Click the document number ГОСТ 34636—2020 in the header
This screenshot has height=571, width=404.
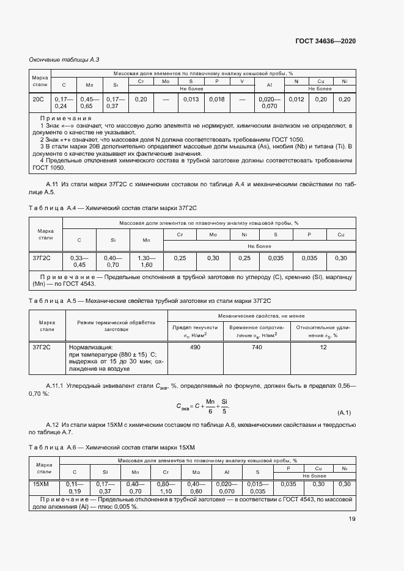click(x=325, y=41)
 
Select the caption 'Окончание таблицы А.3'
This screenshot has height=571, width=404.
click(x=64, y=59)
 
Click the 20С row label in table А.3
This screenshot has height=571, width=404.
click(x=39, y=99)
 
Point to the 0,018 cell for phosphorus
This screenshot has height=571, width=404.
click(x=216, y=99)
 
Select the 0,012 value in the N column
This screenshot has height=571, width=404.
click(x=296, y=99)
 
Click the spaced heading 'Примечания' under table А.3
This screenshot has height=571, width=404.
click(x=65, y=118)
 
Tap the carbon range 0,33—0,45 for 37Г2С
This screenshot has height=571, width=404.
click(x=79, y=261)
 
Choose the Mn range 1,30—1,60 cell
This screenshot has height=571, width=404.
click(x=147, y=261)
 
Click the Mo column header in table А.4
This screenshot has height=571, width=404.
click(x=213, y=235)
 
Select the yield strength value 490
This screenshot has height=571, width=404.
click(x=196, y=347)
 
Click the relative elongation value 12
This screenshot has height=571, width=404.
click(x=323, y=347)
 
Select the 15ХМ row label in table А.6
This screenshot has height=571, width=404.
click(x=42, y=484)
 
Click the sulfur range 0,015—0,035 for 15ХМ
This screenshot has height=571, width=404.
click(x=257, y=487)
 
